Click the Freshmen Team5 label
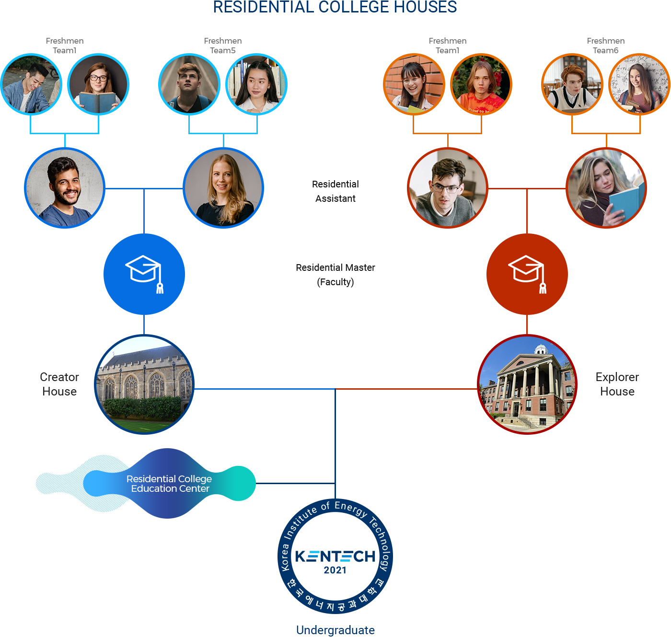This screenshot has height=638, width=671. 223,46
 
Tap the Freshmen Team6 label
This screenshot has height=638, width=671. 606,46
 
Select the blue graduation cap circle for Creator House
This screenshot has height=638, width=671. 144,274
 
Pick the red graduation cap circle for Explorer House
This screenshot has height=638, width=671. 527,274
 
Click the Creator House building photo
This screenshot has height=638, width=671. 144,384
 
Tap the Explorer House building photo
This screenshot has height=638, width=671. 527,384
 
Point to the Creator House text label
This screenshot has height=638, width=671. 59,384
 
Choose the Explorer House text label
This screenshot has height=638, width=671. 617,384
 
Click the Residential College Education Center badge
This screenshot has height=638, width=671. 169,483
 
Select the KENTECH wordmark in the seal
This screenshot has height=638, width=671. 335,556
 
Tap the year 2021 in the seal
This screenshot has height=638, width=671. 335,570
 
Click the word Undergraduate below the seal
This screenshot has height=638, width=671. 335,630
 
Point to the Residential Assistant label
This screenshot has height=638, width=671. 335,191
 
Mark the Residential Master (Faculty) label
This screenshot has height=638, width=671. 335,275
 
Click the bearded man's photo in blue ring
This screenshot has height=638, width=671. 65,188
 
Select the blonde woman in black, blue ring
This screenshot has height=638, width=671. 223,188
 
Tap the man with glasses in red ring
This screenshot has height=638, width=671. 448,188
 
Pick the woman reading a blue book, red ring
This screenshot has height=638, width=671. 606,188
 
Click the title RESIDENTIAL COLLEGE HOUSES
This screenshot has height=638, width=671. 335,7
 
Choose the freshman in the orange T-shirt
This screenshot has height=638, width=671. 481,84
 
